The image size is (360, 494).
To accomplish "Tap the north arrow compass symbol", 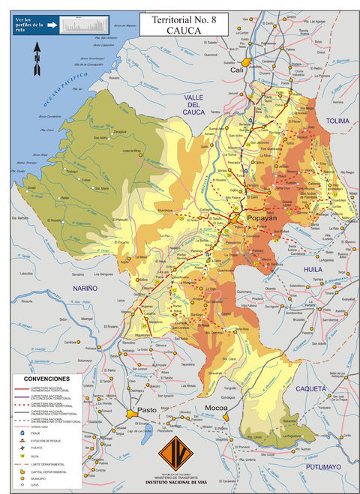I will tap(36, 58).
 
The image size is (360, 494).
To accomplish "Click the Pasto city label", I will tap(147, 410).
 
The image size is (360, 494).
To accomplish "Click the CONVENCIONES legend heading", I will tap(46, 379).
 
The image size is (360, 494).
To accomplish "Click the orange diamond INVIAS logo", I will tap(178, 453).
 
